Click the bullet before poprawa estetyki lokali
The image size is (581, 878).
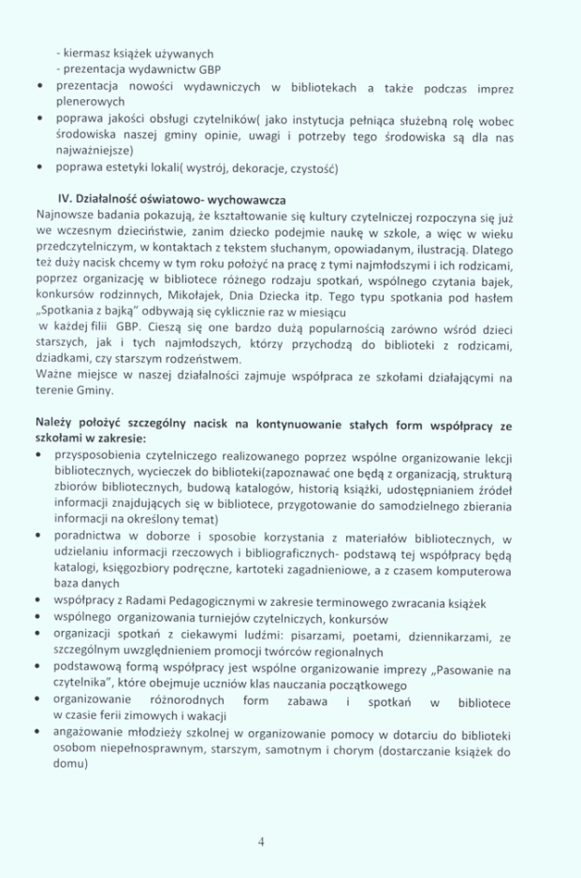pos(36,168)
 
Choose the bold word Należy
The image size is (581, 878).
pos(55,425)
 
